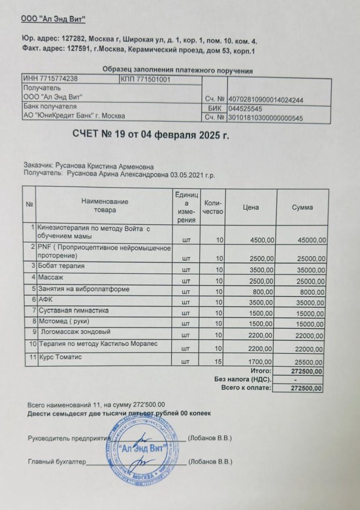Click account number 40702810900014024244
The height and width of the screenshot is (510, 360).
tap(266, 100)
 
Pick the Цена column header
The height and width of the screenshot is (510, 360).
tap(250, 207)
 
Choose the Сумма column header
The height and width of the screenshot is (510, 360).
tap(302, 207)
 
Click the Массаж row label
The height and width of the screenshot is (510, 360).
tap(51, 278)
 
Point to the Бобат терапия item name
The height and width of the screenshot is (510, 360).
tap(61, 266)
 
